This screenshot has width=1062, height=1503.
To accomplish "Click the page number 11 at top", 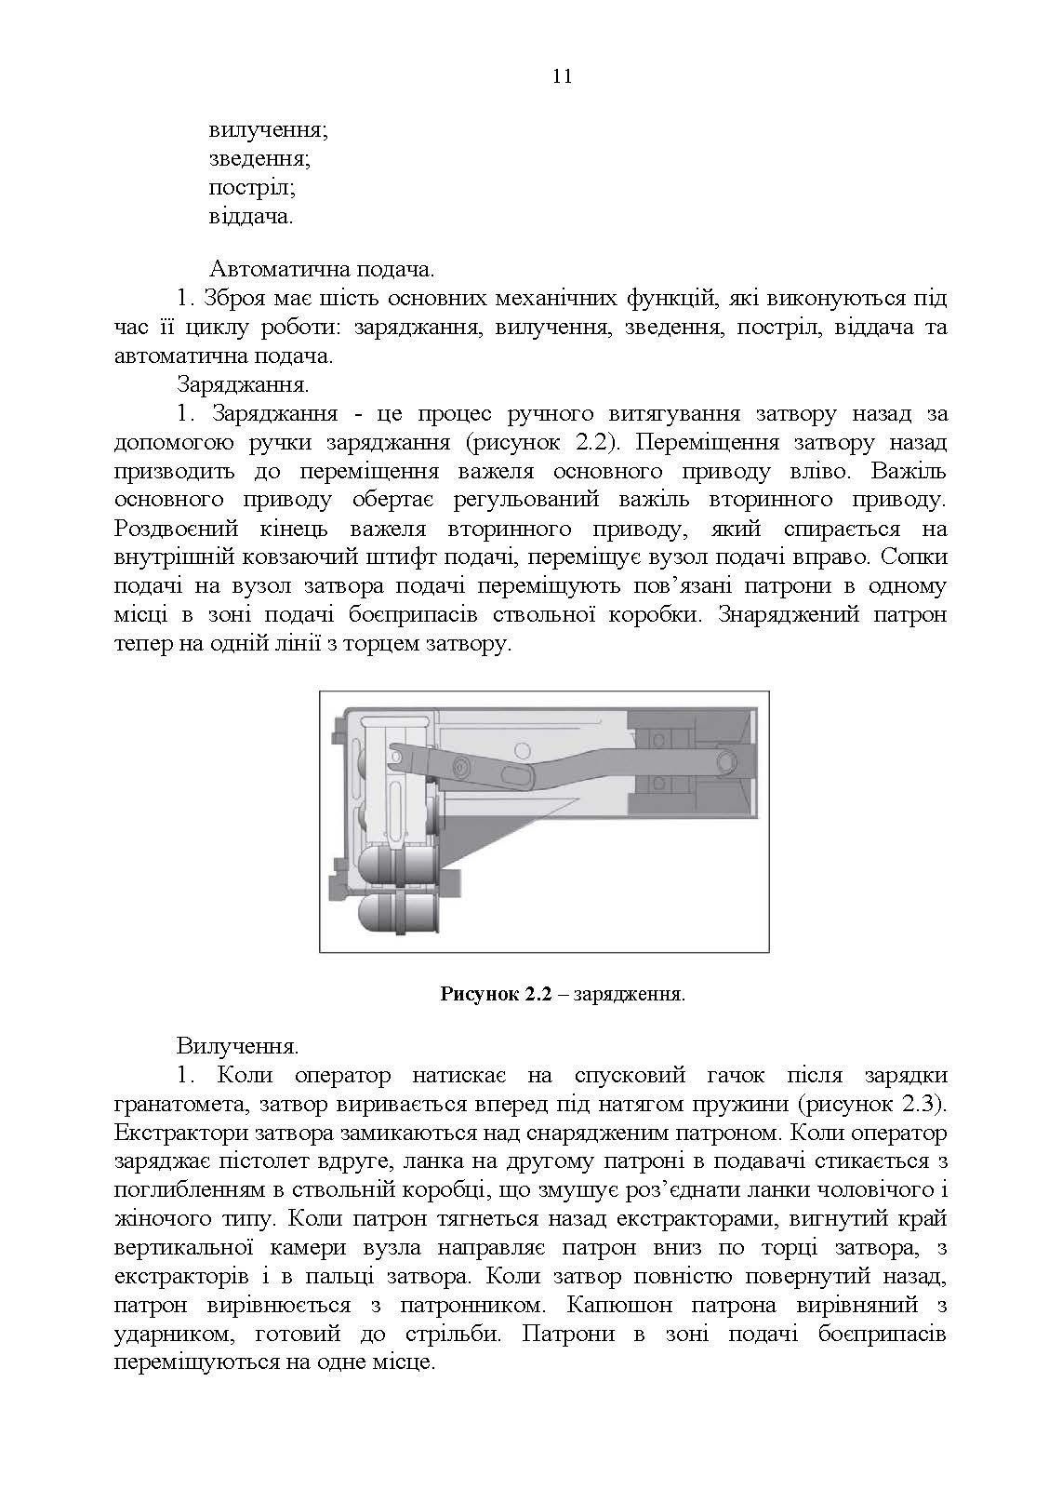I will (561, 77).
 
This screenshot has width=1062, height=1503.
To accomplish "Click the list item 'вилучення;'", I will (268, 130).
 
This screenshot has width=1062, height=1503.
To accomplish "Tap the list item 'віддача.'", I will (251, 217).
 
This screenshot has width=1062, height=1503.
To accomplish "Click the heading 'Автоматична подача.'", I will (322, 270).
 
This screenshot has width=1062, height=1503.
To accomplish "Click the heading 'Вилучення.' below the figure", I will (237, 1046).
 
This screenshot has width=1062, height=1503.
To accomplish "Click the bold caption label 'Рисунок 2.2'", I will (497, 994).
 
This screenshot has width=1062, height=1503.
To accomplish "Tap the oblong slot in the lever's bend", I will (517, 773).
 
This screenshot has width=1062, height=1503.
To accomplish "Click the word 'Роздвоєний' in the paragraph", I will (176, 529).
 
